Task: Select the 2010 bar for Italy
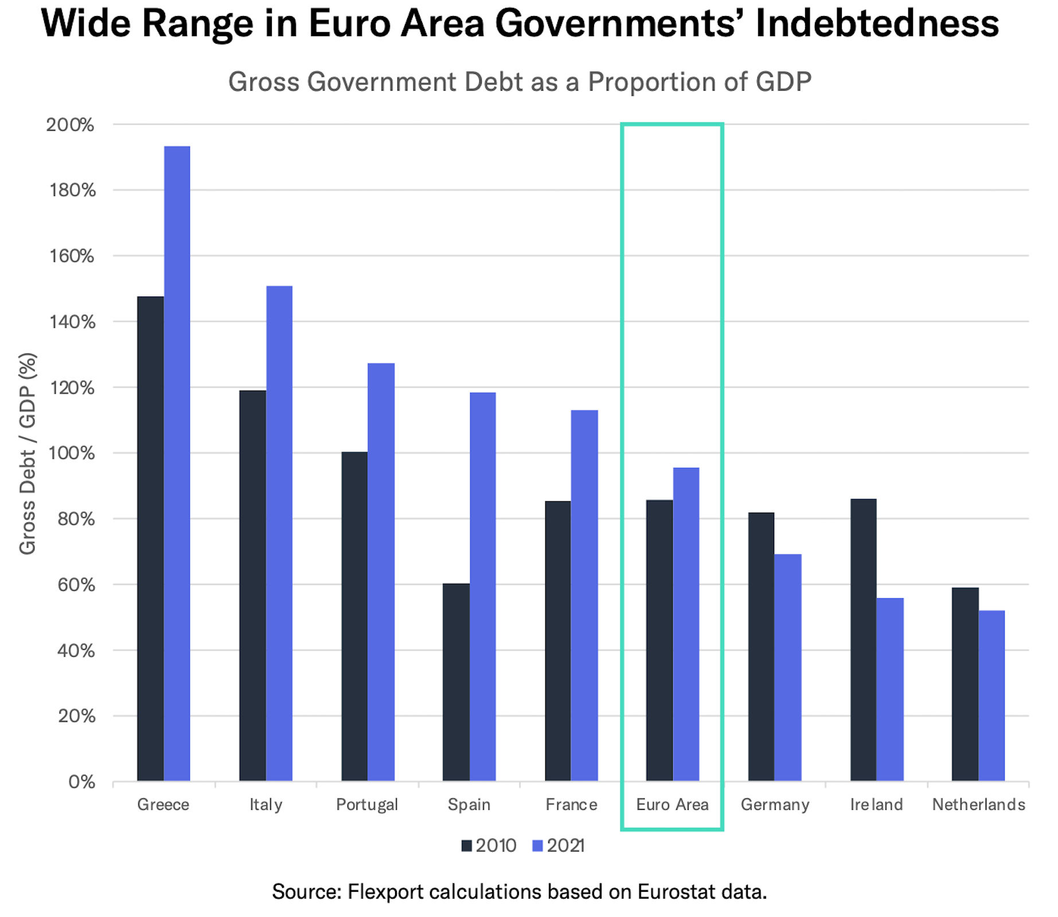click(x=252, y=585)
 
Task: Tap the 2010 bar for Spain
click(x=456, y=682)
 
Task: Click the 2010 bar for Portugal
click(x=354, y=616)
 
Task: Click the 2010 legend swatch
click(x=466, y=846)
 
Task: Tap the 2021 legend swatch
click(x=537, y=846)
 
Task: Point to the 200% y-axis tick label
click(x=70, y=125)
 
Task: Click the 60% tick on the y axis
click(x=76, y=585)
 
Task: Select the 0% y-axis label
click(x=81, y=782)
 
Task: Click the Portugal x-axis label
click(x=367, y=805)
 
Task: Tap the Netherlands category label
click(x=978, y=805)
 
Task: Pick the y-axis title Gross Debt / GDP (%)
click(x=27, y=453)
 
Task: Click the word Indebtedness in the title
click(x=877, y=24)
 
